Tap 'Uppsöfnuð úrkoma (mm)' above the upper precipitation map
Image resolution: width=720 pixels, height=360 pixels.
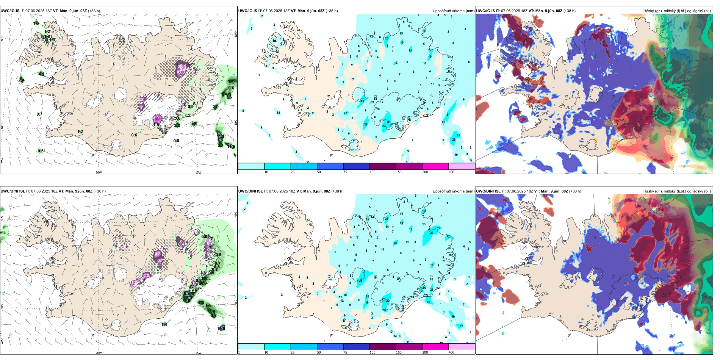pos(453,11)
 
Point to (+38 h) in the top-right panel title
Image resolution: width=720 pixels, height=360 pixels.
pos(570,11)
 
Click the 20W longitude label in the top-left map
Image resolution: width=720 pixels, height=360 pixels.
pos(99,172)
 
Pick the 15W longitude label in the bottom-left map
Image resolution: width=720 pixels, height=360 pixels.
pos(198,353)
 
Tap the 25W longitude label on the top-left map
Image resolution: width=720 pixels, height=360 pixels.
pos(2,160)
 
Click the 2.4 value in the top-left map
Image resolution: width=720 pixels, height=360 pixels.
pos(22,80)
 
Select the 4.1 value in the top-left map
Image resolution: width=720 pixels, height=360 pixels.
pos(41,74)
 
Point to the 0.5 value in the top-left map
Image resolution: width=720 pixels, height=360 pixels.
pos(41,151)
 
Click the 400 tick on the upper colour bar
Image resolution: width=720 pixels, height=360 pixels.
pos(451,172)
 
